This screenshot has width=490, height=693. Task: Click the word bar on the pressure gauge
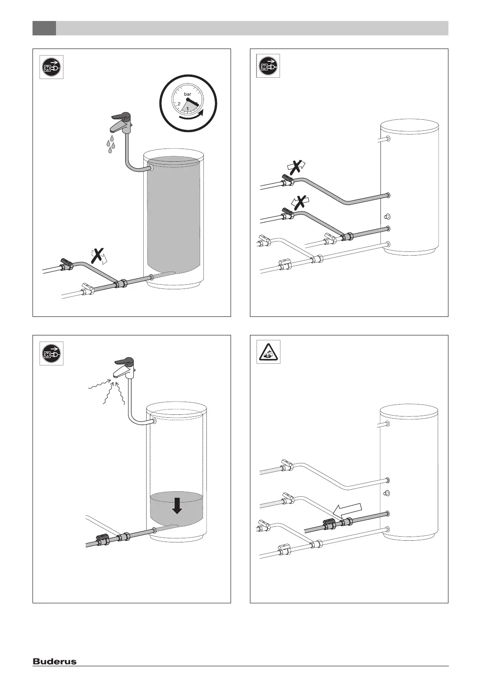187,95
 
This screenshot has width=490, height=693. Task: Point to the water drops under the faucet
110,145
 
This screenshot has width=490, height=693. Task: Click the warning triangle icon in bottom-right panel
268,352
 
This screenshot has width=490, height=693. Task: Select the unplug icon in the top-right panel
268,66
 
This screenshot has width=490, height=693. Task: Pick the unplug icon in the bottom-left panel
51,353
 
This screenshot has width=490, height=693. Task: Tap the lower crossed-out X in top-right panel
301,202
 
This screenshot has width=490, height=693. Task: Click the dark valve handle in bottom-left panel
103,537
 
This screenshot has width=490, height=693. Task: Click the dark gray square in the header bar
44,28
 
